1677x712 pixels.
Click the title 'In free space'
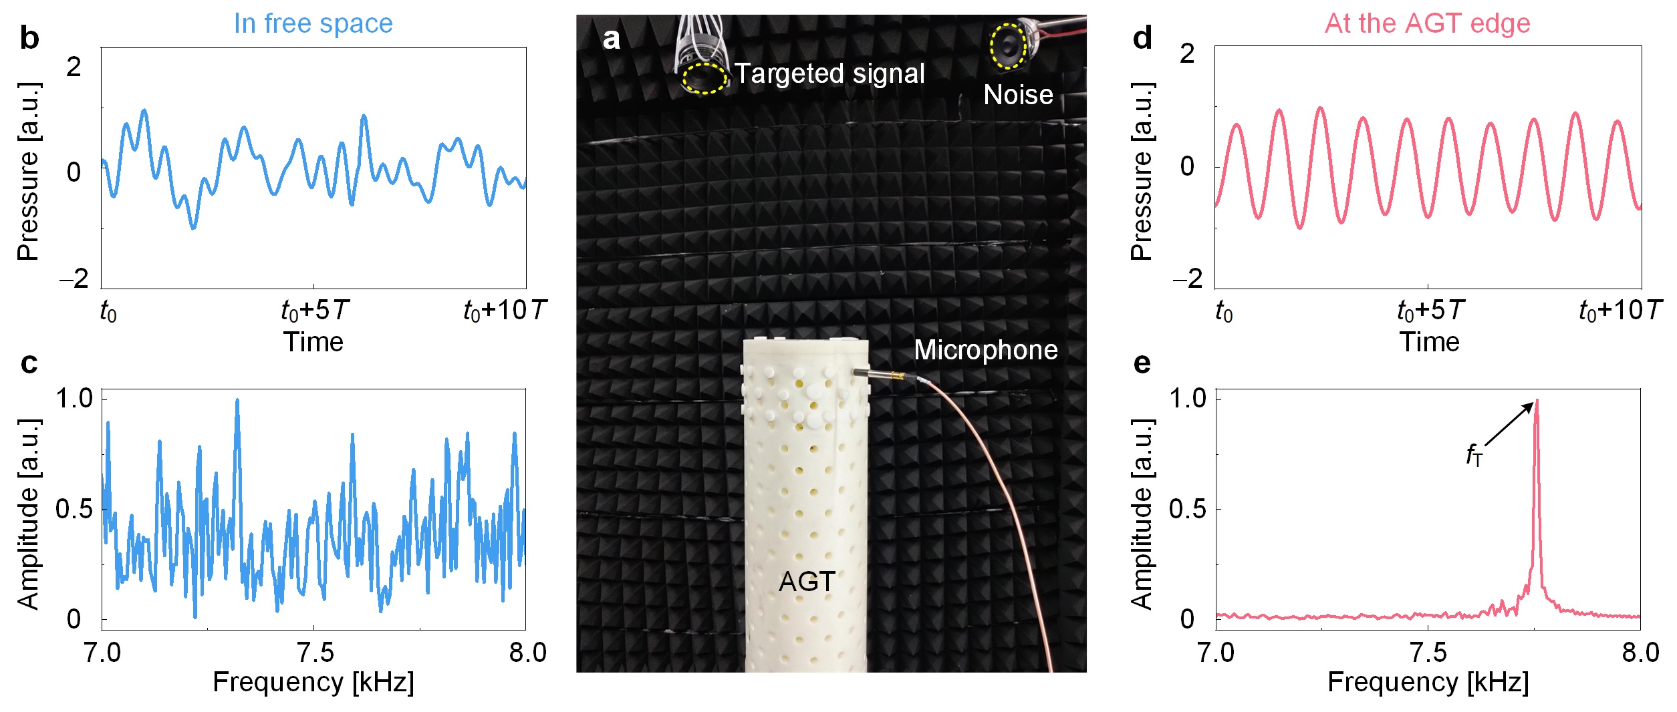point(313,23)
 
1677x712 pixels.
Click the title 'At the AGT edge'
point(1427,23)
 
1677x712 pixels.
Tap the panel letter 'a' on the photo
point(611,39)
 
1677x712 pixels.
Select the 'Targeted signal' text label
point(829,73)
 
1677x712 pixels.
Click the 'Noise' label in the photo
point(1018,95)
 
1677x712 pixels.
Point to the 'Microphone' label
point(985,350)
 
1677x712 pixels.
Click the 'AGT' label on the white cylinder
point(807,582)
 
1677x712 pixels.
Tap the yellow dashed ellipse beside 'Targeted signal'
point(704,78)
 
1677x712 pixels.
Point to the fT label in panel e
point(1474,456)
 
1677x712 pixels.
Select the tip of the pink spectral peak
point(1537,401)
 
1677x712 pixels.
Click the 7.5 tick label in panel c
point(313,653)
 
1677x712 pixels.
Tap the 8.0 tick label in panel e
point(1640,653)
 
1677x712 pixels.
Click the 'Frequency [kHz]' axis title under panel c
point(313,683)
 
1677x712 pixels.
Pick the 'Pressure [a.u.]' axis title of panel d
point(1142,171)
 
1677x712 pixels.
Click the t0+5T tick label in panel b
point(314,311)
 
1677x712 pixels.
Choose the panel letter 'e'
point(1142,363)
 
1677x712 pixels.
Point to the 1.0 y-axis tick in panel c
point(74,399)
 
